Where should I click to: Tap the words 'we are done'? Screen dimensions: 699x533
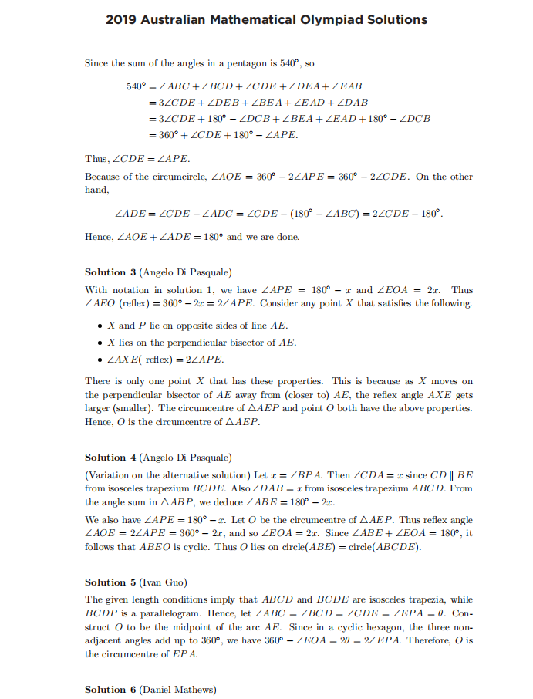(x=272, y=236)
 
